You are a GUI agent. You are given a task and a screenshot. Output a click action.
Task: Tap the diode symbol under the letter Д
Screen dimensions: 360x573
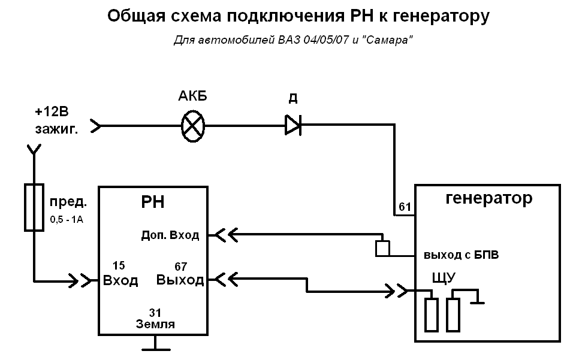(x=292, y=126)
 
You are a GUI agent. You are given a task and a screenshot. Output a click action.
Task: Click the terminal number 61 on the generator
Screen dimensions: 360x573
(x=405, y=208)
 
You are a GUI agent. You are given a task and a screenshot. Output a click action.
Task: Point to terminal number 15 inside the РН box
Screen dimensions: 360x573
(x=119, y=265)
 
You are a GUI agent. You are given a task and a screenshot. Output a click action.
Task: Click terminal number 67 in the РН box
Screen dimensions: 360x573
(x=180, y=266)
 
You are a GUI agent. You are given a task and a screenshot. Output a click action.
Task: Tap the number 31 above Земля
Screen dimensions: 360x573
(x=156, y=312)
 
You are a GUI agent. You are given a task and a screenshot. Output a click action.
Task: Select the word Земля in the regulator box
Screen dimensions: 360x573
(x=155, y=325)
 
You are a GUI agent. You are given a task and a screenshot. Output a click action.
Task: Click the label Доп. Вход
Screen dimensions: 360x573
(x=170, y=235)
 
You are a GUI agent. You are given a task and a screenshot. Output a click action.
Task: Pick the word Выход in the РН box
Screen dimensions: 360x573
(x=180, y=280)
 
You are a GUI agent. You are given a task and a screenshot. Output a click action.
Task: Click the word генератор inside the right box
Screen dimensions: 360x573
(x=489, y=198)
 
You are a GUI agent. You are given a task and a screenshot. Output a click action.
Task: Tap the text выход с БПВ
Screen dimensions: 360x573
(x=462, y=255)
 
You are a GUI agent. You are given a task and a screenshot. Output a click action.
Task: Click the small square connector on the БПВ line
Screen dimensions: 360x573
(x=382, y=248)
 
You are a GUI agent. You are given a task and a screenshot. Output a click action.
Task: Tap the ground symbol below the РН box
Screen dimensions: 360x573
(x=155, y=345)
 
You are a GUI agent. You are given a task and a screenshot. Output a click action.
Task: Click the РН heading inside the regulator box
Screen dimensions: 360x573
(x=153, y=203)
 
